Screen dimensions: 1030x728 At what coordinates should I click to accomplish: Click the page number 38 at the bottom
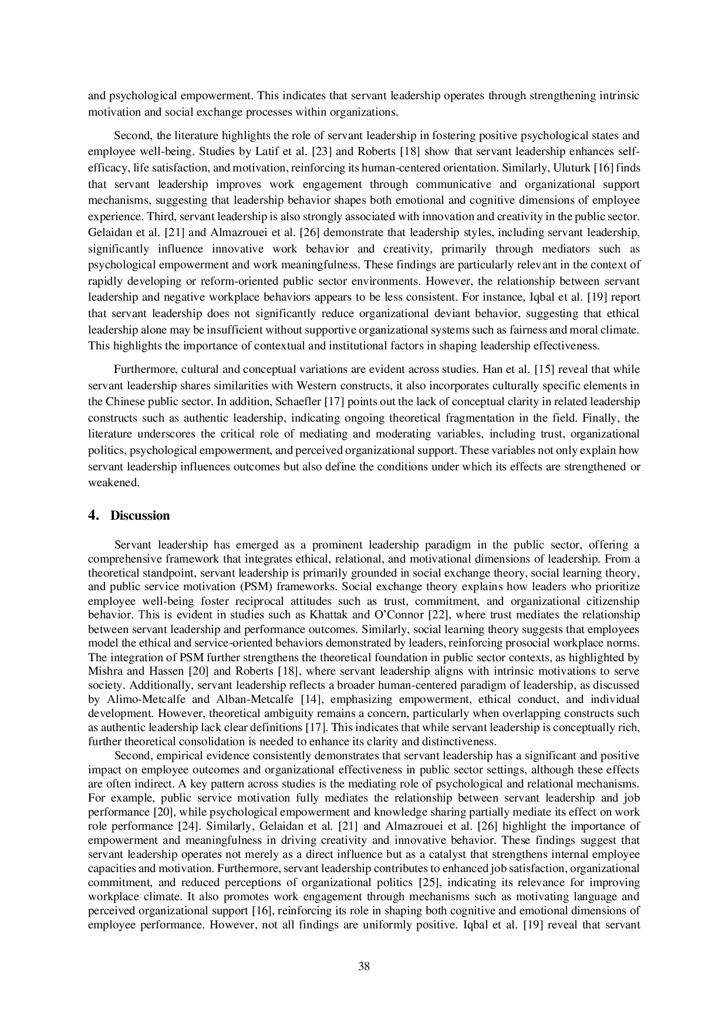pyautogui.click(x=363, y=967)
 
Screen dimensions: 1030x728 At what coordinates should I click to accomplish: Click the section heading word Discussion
pyautogui.click(x=140, y=516)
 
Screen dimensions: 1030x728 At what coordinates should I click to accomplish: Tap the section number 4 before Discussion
pyautogui.click(x=92, y=516)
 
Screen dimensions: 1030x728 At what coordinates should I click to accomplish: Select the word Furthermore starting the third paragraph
pyautogui.click(x=145, y=369)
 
